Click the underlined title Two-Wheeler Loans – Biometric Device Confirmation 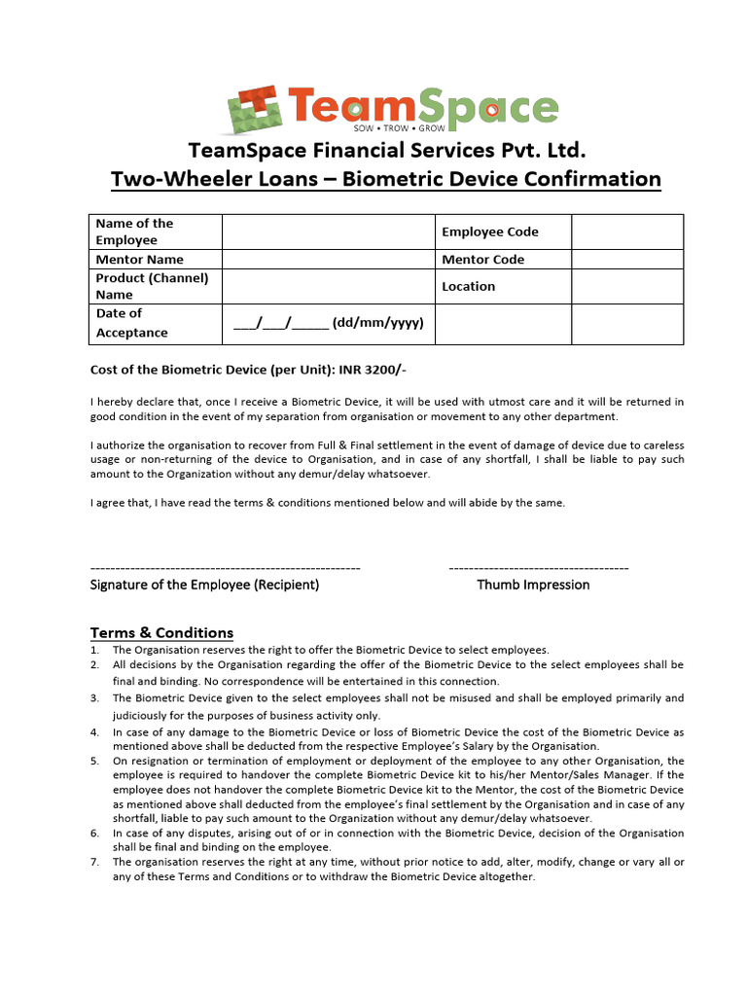[x=386, y=179]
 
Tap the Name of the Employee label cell [x=134, y=231]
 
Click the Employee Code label [x=489, y=231]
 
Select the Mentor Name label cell [x=139, y=260]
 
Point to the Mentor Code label [x=482, y=260]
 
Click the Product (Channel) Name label [x=152, y=286]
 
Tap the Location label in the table [x=468, y=286]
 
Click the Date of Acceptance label [x=131, y=323]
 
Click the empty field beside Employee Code [x=626, y=231]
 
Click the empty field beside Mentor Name [x=328, y=260]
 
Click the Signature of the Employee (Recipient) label [x=204, y=585]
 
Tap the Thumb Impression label [x=533, y=585]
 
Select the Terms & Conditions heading [x=161, y=632]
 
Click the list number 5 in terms [x=94, y=761]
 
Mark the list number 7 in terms [x=94, y=862]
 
